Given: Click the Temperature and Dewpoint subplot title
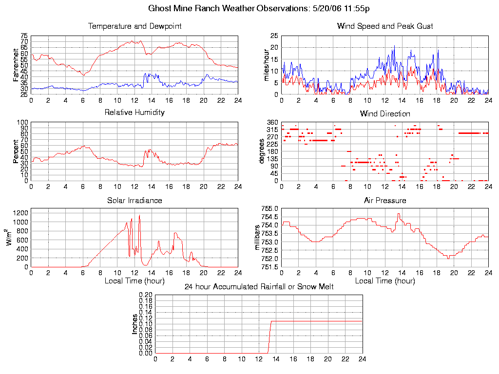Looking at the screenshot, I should [x=134, y=26].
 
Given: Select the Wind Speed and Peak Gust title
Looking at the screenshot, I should [x=385, y=26].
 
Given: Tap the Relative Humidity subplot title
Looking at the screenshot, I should [x=134, y=112].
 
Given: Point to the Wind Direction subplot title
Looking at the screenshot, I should [x=385, y=114].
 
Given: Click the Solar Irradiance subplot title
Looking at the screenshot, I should [x=134, y=200].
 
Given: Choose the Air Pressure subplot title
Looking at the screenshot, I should [x=385, y=200].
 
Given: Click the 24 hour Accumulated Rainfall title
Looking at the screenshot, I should [x=259, y=287].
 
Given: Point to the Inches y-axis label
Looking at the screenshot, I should [x=135, y=324].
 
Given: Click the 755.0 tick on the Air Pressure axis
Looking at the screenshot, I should [x=269, y=209].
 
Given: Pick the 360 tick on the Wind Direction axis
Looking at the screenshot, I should [x=271, y=122].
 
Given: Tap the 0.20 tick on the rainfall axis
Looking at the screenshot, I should [x=145, y=295].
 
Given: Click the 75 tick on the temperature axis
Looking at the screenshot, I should [x=24, y=36].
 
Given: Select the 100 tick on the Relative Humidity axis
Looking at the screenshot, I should [x=22, y=122].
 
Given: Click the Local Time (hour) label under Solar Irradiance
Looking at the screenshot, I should [x=134, y=281].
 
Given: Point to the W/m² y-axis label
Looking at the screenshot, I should [x=10, y=237].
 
